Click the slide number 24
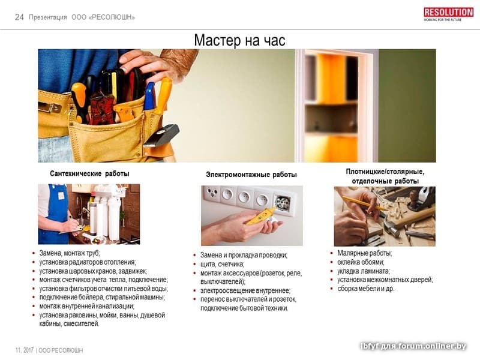pyautogui.click(x=19, y=17)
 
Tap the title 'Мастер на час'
pyautogui.click(x=239, y=40)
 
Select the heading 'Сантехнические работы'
pyautogui.click(x=89, y=173)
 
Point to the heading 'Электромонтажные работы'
pyautogui.click(x=251, y=175)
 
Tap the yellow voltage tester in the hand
pyautogui.click(x=261, y=216)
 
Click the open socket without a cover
pyautogui.click(x=282, y=202)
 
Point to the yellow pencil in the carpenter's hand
pyautogui.click(x=364, y=203)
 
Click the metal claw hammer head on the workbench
pyautogui.click(x=391, y=224)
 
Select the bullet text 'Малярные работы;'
pyautogui.click(x=365, y=253)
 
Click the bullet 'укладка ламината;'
pyautogui.click(x=364, y=271)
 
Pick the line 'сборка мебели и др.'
pyautogui.click(x=366, y=289)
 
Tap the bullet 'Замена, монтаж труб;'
pyautogui.click(x=70, y=253)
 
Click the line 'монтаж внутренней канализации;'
pyautogui.click(x=87, y=306)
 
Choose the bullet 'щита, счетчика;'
pyautogui.click(x=222, y=264)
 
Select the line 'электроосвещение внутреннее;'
pyautogui.click(x=245, y=290)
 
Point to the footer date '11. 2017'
pyautogui.click(x=25, y=350)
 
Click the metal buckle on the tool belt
pyautogui.click(x=50, y=107)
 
